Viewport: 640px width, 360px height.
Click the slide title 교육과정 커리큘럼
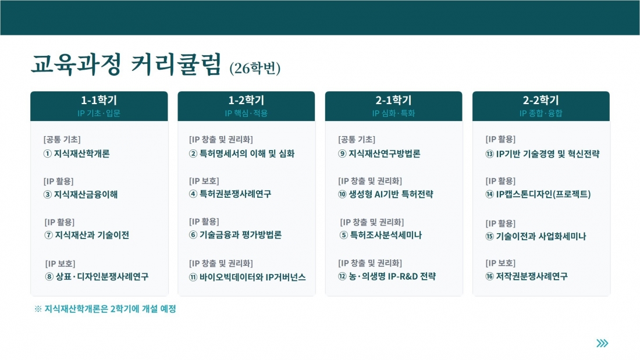pyautogui.click(x=126, y=64)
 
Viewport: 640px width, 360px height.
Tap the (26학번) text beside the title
pyautogui.click(x=255, y=68)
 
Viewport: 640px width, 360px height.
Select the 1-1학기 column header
pyautogui.click(x=99, y=100)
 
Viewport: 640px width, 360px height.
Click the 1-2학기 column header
pyautogui.click(x=246, y=100)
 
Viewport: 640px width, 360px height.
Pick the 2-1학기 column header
pyautogui.click(x=393, y=100)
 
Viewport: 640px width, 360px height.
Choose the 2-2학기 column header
pyautogui.click(x=541, y=100)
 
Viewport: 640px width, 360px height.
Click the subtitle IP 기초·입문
pyautogui.click(x=99, y=113)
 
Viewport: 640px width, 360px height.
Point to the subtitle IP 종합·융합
pyautogui.click(x=541, y=113)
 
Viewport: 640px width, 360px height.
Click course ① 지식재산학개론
pyautogui.click(x=76, y=154)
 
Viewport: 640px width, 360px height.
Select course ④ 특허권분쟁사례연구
pyautogui.click(x=230, y=194)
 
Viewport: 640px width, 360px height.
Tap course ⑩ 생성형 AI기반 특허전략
pyautogui.click(x=386, y=194)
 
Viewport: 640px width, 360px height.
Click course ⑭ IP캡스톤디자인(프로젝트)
pyautogui.click(x=538, y=194)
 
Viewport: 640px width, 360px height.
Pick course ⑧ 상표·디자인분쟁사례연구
pyautogui.click(x=97, y=277)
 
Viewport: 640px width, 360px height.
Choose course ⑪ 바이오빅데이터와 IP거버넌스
pyautogui.click(x=247, y=277)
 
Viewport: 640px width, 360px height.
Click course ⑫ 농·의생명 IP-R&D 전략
pyautogui.click(x=387, y=276)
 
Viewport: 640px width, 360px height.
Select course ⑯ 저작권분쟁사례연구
pyautogui.click(x=527, y=276)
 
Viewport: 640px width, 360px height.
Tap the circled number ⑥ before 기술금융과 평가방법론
pyautogui.click(x=193, y=235)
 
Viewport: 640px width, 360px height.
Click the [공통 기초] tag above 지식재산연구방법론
pyautogui.click(x=357, y=140)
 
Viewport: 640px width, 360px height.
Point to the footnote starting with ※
pyautogui.click(x=105, y=309)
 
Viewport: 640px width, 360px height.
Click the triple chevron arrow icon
pyautogui.click(x=602, y=343)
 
